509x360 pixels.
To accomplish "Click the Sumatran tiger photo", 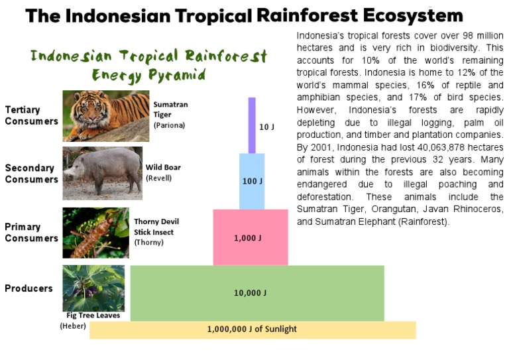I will pyautogui.click(x=106, y=116).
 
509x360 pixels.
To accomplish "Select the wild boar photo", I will pyautogui.click(x=102, y=173).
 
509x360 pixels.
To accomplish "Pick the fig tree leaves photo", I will pyautogui.click(x=93, y=288).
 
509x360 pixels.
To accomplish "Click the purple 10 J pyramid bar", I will pyautogui.click(x=252, y=125).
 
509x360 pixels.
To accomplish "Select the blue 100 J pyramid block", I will pyautogui.click(x=252, y=181).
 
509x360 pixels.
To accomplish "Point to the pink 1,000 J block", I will pyautogui.click(x=250, y=237).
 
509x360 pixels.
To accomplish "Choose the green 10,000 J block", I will pyautogui.click(x=256, y=292).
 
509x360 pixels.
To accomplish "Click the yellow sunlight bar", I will pyautogui.click(x=252, y=329).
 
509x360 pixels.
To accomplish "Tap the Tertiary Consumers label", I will pyautogui.click(x=31, y=115).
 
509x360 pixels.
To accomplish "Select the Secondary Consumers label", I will pyautogui.click(x=30, y=174).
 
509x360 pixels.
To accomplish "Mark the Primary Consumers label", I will pyautogui.click(x=31, y=232).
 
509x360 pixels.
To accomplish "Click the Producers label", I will pyautogui.click(x=28, y=288).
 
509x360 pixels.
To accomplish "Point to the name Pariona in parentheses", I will pyautogui.click(x=169, y=125).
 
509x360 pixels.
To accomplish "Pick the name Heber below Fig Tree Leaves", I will pyautogui.click(x=73, y=326).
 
